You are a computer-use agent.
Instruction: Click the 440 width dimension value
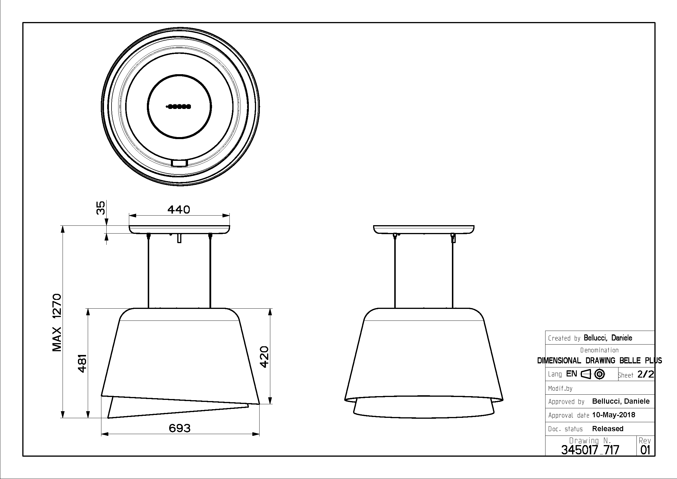(x=179, y=210)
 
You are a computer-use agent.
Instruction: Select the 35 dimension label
(x=101, y=208)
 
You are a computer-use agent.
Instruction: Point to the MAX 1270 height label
(x=57, y=323)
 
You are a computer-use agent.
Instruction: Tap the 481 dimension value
(x=82, y=363)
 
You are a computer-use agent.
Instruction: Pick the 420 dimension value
(x=264, y=357)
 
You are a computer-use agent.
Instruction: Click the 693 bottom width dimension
(x=180, y=428)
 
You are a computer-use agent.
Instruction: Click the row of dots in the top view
(x=179, y=106)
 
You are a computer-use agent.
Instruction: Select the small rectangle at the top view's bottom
(x=179, y=163)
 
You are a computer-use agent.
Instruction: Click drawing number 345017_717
(x=590, y=450)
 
